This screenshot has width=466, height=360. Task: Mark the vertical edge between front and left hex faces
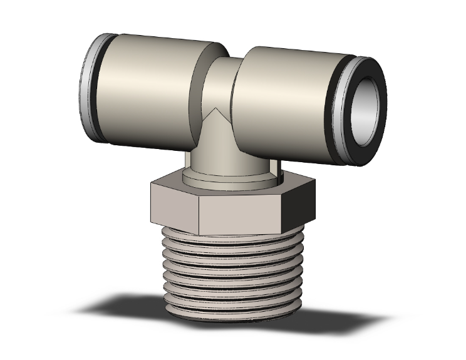[199, 213]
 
